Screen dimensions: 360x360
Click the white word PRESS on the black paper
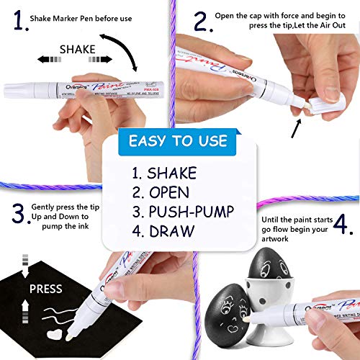(45, 289)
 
